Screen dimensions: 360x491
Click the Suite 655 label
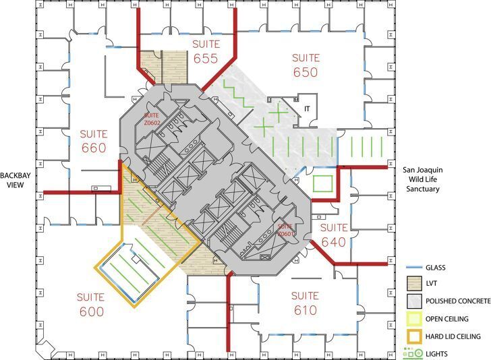pyautogui.click(x=206, y=51)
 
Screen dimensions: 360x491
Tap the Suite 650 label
pyautogui.click(x=306, y=64)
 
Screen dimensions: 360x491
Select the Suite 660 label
pyautogui.click(x=92, y=140)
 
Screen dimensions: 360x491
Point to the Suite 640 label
pyautogui.click(x=333, y=234)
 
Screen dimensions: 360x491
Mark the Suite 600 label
pyautogui.click(x=90, y=304)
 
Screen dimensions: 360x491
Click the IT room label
pyautogui.click(x=306, y=108)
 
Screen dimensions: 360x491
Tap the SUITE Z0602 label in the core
pyautogui.click(x=151, y=119)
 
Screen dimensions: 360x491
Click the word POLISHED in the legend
pyautogui.click(x=442, y=301)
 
